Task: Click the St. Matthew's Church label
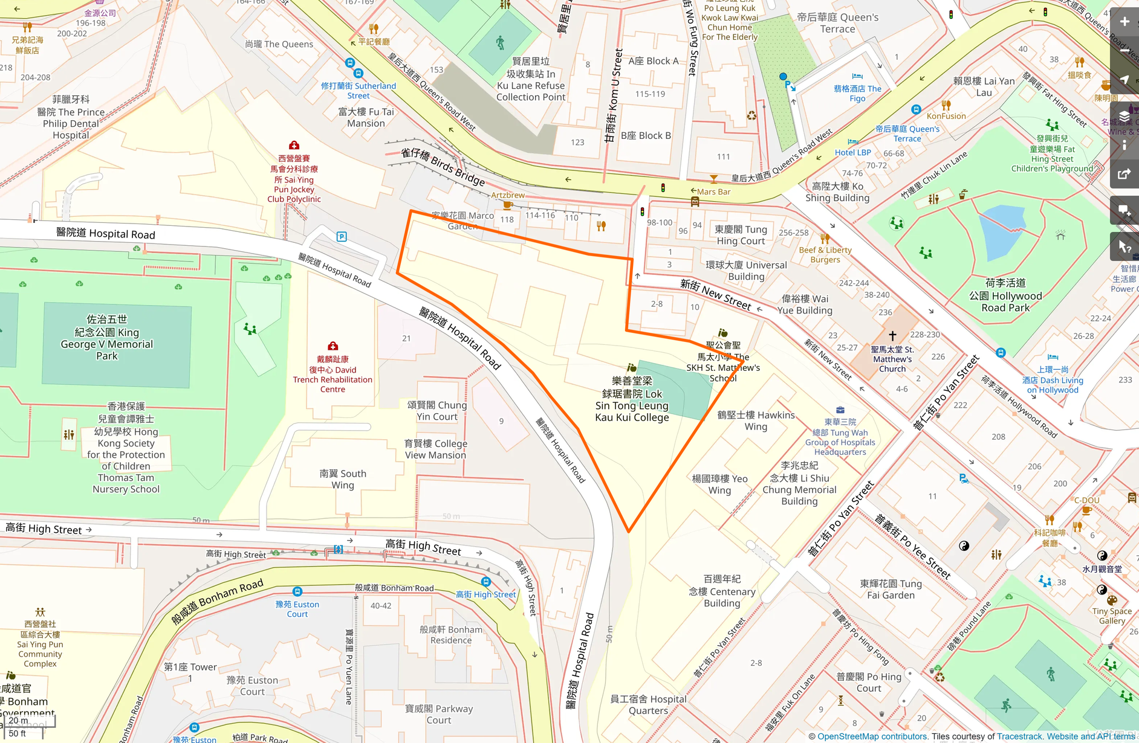click(892, 359)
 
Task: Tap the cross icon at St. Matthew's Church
click(892, 336)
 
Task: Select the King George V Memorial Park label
click(107, 338)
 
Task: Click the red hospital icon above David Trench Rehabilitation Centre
click(333, 346)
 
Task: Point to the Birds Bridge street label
click(443, 167)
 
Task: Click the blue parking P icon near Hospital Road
click(342, 237)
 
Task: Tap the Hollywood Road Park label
click(1005, 295)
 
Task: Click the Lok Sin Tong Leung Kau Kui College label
click(632, 399)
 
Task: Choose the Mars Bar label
click(713, 191)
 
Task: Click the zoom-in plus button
click(1124, 22)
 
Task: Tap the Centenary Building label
click(722, 591)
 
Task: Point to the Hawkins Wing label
click(756, 420)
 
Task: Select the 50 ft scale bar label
click(18, 733)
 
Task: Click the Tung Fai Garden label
click(891, 589)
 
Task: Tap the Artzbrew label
click(508, 195)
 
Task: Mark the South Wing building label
click(343, 479)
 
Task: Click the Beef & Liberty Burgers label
click(825, 254)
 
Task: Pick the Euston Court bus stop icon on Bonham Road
click(297, 591)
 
